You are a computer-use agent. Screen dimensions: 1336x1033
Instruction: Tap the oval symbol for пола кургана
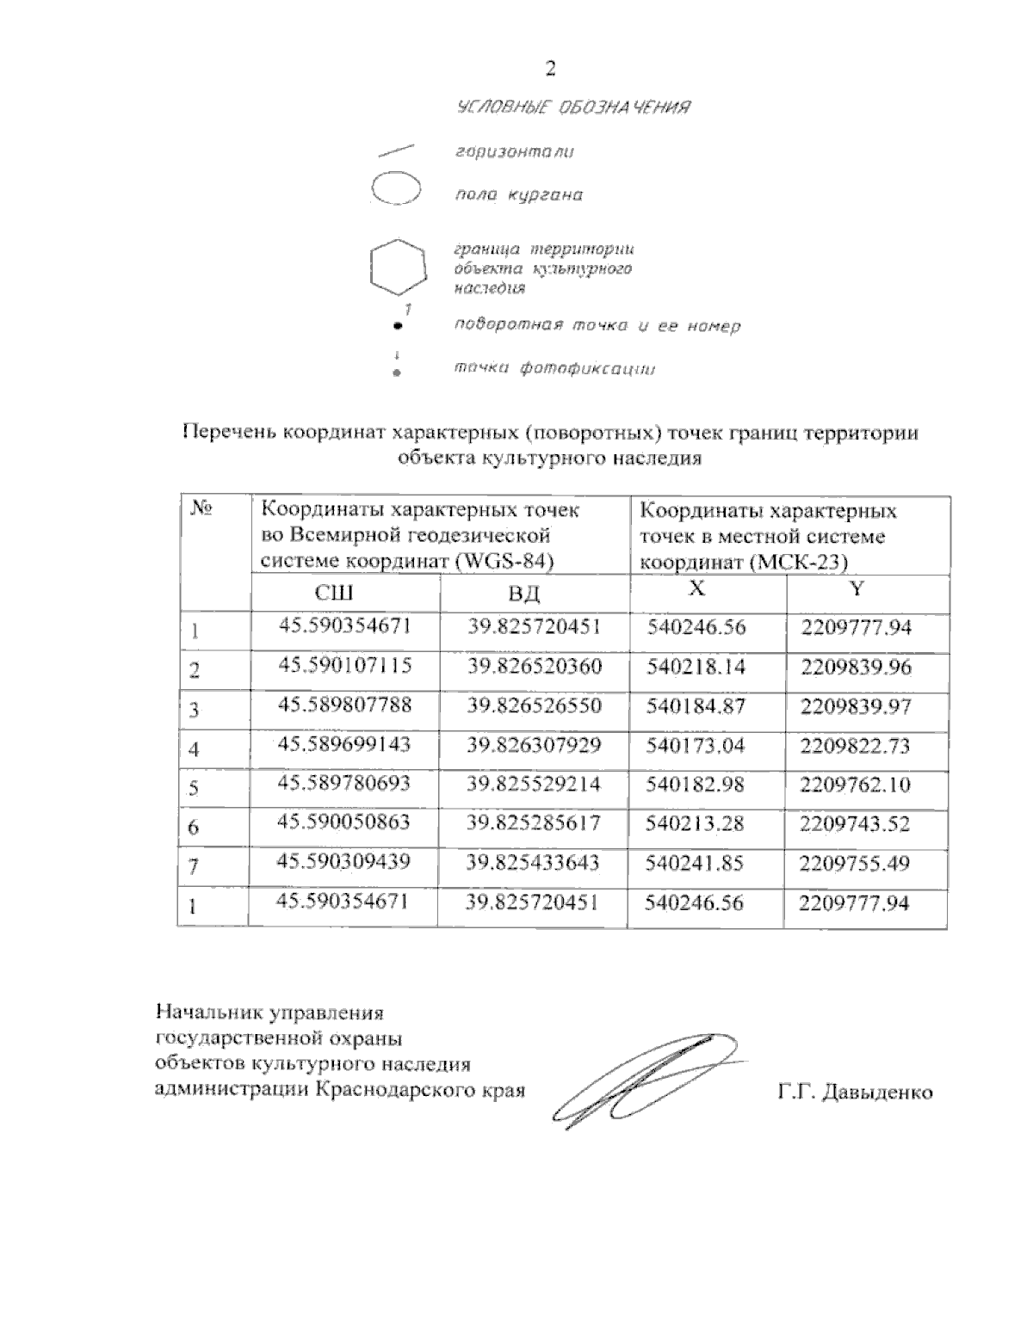(x=395, y=189)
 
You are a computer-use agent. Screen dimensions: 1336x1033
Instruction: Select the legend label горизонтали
(x=514, y=152)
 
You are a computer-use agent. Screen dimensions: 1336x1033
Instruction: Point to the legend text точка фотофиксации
(x=554, y=369)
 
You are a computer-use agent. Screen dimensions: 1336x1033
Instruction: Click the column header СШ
(x=334, y=593)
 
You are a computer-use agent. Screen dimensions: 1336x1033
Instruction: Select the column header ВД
(x=524, y=594)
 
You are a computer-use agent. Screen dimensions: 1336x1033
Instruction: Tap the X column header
(x=697, y=588)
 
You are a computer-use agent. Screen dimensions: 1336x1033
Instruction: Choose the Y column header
(x=857, y=588)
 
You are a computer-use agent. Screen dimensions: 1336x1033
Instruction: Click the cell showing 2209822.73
(x=855, y=746)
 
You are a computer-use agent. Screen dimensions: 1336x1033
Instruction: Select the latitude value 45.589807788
(x=344, y=705)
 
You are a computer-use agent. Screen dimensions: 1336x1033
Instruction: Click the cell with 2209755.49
(x=854, y=863)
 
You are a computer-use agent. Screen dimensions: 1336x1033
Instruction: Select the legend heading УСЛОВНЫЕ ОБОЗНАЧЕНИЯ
(x=573, y=108)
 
